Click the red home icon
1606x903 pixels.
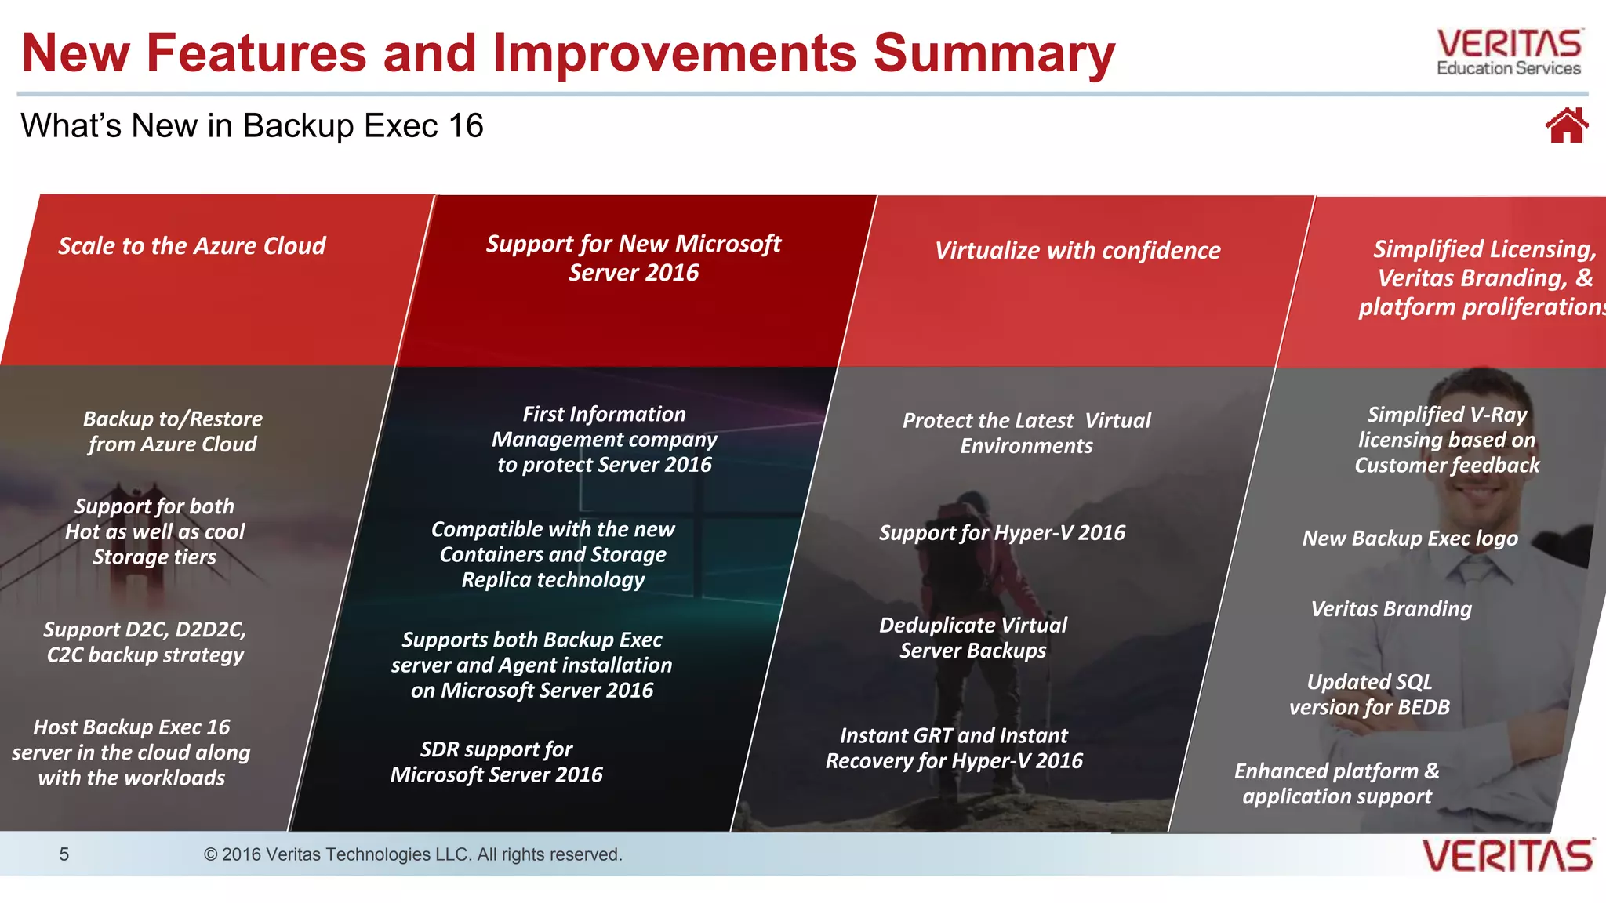[1566, 126]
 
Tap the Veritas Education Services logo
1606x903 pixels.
[1509, 53]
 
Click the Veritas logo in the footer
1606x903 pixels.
[1507, 855]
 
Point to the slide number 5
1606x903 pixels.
[64, 854]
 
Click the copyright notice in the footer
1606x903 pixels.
[412, 854]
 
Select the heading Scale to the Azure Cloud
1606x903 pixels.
[192, 246]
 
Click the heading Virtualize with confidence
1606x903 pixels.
[1077, 251]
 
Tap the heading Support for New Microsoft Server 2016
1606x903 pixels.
[633, 258]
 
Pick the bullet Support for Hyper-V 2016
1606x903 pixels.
[1001, 533]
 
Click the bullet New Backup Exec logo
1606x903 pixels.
[1410, 539]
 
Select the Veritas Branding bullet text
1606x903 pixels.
[1391, 609]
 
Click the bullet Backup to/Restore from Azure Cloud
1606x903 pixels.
[173, 432]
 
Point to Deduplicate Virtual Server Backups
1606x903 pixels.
[972, 638]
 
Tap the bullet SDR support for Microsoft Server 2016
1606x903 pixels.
[496, 762]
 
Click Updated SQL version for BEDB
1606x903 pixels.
[1369, 694]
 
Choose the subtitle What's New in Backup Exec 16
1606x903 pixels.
[252, 126]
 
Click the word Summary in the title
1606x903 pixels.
[994, 53]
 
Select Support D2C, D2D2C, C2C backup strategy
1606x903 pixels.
[145, 642]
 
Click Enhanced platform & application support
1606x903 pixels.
[1337, 784]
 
